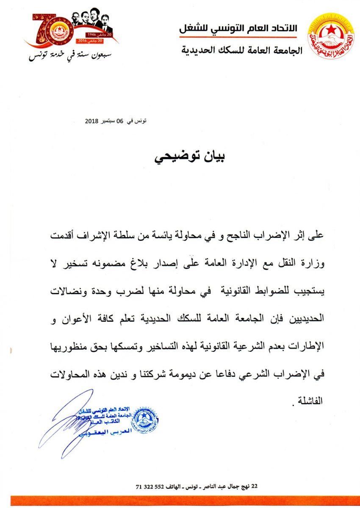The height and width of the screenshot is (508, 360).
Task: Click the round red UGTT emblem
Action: [x=331, y=36]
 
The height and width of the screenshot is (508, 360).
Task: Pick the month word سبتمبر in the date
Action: [x=111, y=121]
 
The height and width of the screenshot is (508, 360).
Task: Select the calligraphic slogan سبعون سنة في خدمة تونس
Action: [x=64, y=55]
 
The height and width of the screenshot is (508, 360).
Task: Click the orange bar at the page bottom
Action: [x=180, y=501]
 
